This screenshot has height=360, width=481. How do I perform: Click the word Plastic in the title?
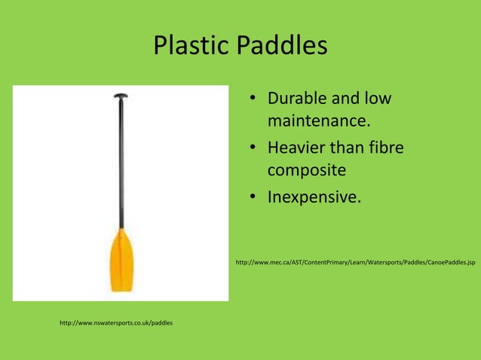pyautogui.click(x=191, y=47)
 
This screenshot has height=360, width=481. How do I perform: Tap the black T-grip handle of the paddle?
pyautogui.click(x=121, y=97)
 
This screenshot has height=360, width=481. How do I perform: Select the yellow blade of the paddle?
pyautogui.click(x=121, y=260)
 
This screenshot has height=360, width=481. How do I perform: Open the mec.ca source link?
pyautogui.click(x=354, y=263)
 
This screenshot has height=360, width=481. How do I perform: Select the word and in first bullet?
pyautogui.click(x=347, y=99)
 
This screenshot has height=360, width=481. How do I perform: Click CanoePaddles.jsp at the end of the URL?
pyautogui.click(x=449, y=263)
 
